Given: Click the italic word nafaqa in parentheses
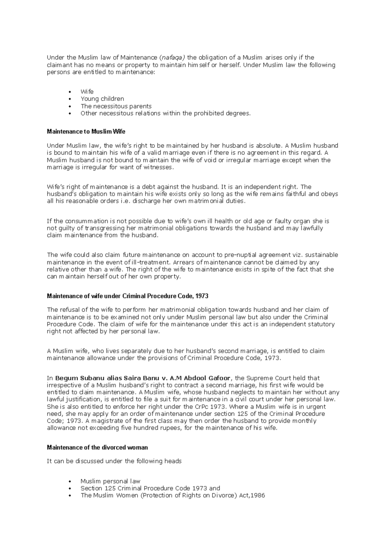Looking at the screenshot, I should click(x=172, y=58).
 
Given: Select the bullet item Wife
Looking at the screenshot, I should click(x=87, y=92).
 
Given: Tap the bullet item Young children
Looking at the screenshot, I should click(x=102, y=99).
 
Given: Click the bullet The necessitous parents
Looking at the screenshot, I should click(x=116, y=106).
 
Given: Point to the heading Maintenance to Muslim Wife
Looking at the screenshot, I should click(x=86, y=132).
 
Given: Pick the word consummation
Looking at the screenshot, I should click(x=86, y=221).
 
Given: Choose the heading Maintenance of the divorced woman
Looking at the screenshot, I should click(x=97, y=448).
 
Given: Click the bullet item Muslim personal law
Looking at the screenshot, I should click(x=110, y=481).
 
